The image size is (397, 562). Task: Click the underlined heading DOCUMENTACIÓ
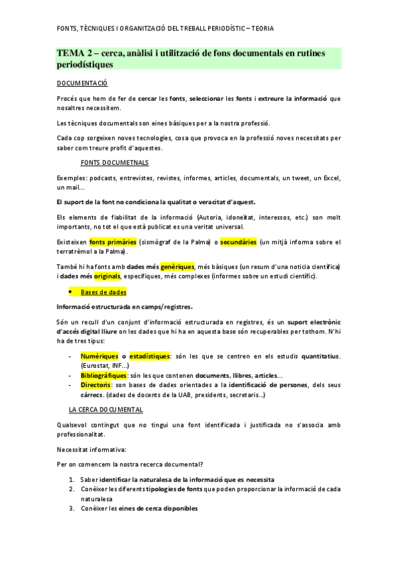coord(82,84)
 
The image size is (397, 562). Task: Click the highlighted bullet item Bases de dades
coord(103,292)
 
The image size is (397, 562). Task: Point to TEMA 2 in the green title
coord(74,53)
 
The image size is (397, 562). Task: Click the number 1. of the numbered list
coord(71,479)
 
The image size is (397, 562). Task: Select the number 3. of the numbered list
coord(71,508)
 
